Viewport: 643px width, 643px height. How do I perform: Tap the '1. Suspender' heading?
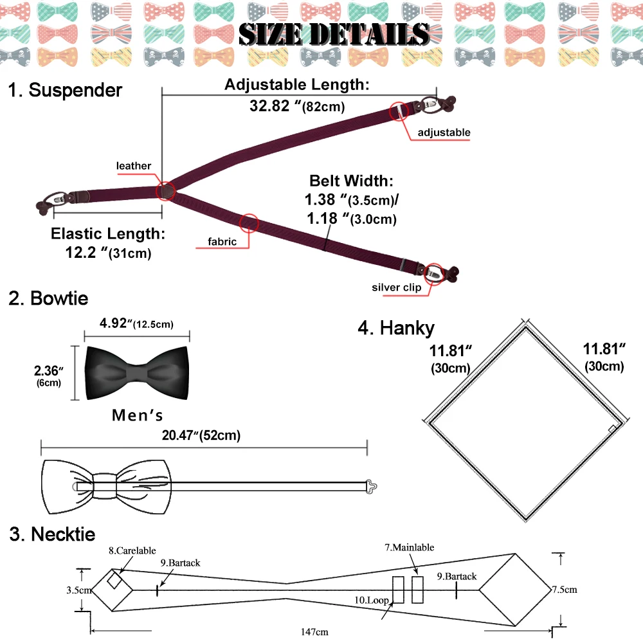65,90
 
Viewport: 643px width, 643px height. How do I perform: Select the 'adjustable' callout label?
444,132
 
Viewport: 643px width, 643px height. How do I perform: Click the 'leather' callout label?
134,166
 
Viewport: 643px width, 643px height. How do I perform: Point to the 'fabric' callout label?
222,242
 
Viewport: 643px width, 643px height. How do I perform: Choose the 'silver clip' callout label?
396,287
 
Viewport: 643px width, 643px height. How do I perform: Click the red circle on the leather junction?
167,190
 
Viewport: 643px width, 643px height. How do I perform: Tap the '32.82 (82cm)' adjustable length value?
297,106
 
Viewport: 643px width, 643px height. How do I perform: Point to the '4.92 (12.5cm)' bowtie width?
137,323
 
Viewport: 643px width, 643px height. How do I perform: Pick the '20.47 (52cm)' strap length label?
201,435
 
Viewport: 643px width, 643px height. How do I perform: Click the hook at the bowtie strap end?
371,484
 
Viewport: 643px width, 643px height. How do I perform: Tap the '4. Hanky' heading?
396,328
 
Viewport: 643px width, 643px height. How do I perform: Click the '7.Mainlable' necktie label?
410,547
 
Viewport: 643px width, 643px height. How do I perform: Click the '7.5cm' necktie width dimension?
564,589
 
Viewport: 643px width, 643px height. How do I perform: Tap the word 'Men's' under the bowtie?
138,415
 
